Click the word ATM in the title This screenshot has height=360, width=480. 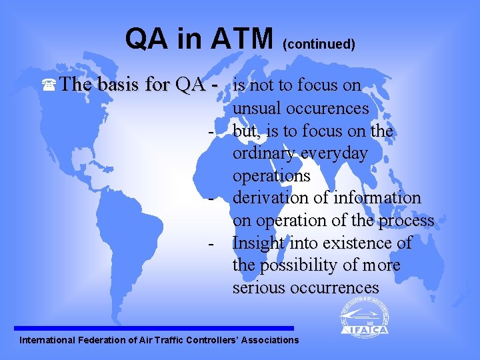(x=242, y=39)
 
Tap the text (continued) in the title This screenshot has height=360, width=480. (x=319, y=45)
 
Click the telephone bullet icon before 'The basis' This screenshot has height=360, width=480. (x=48, y=86)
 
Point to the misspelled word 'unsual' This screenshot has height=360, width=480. (x=257, y=108)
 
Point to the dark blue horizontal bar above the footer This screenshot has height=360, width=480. (x=153, y=328)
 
